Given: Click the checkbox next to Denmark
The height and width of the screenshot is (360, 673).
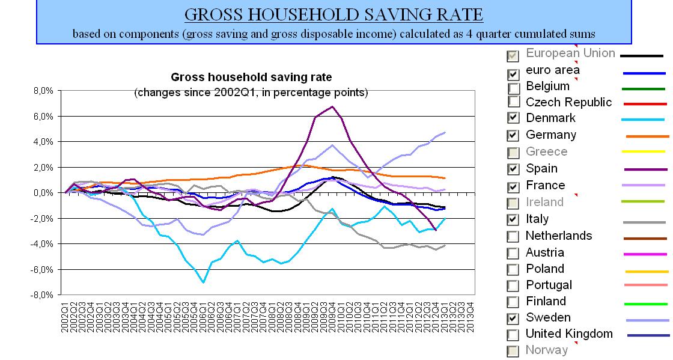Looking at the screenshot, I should [514, 118].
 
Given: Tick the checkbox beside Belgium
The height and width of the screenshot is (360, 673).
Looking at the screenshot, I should [514, 87].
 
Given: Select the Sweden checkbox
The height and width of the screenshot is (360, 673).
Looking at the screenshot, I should [514, 318].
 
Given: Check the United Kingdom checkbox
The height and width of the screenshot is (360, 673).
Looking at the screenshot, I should [514, 335].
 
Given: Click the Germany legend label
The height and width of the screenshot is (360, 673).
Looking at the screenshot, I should [550, 135].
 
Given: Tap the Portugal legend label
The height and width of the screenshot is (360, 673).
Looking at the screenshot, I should [549, 285].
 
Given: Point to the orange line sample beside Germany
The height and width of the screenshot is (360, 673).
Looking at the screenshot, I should [648, 136].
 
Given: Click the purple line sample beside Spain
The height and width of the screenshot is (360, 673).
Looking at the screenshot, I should [648, 169].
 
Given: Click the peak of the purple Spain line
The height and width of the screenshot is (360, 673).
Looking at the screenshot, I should [332, 106].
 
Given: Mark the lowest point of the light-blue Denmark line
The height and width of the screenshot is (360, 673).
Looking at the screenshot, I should [204, 282].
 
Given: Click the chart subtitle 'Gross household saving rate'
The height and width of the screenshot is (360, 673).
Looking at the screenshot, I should [251, 77].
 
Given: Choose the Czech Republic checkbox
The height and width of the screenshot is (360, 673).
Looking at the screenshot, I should [514, 103].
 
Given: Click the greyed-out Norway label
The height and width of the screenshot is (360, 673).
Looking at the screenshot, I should [546, 350].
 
